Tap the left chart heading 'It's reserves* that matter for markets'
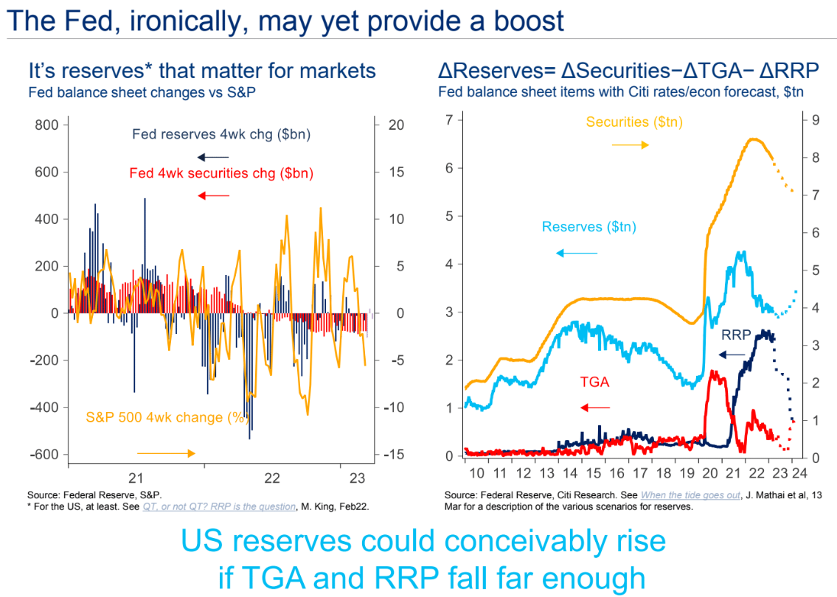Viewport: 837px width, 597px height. (202, 71)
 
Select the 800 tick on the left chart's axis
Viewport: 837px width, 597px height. (46, 125)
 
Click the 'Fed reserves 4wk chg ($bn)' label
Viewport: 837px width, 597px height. (221, 135)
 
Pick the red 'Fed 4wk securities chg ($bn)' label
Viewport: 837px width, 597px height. (221, 174)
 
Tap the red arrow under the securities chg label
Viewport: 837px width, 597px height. (215, 195)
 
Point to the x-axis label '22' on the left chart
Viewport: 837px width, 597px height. (272, 478)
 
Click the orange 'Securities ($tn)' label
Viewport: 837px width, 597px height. (628, 122)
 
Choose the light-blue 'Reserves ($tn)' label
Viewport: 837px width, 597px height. (588, 227)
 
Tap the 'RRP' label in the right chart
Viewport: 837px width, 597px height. (736, 335)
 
